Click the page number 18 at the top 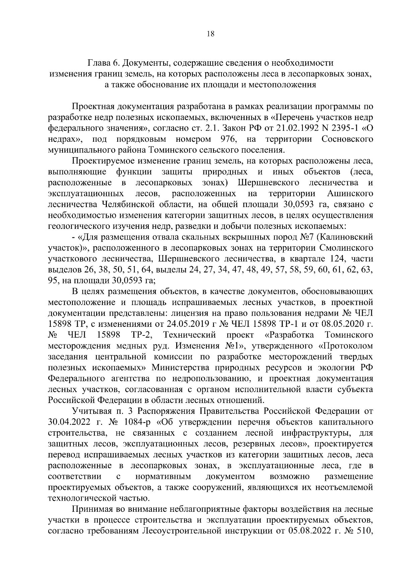(x=211, y=34)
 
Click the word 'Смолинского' (x=347, y=248)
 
